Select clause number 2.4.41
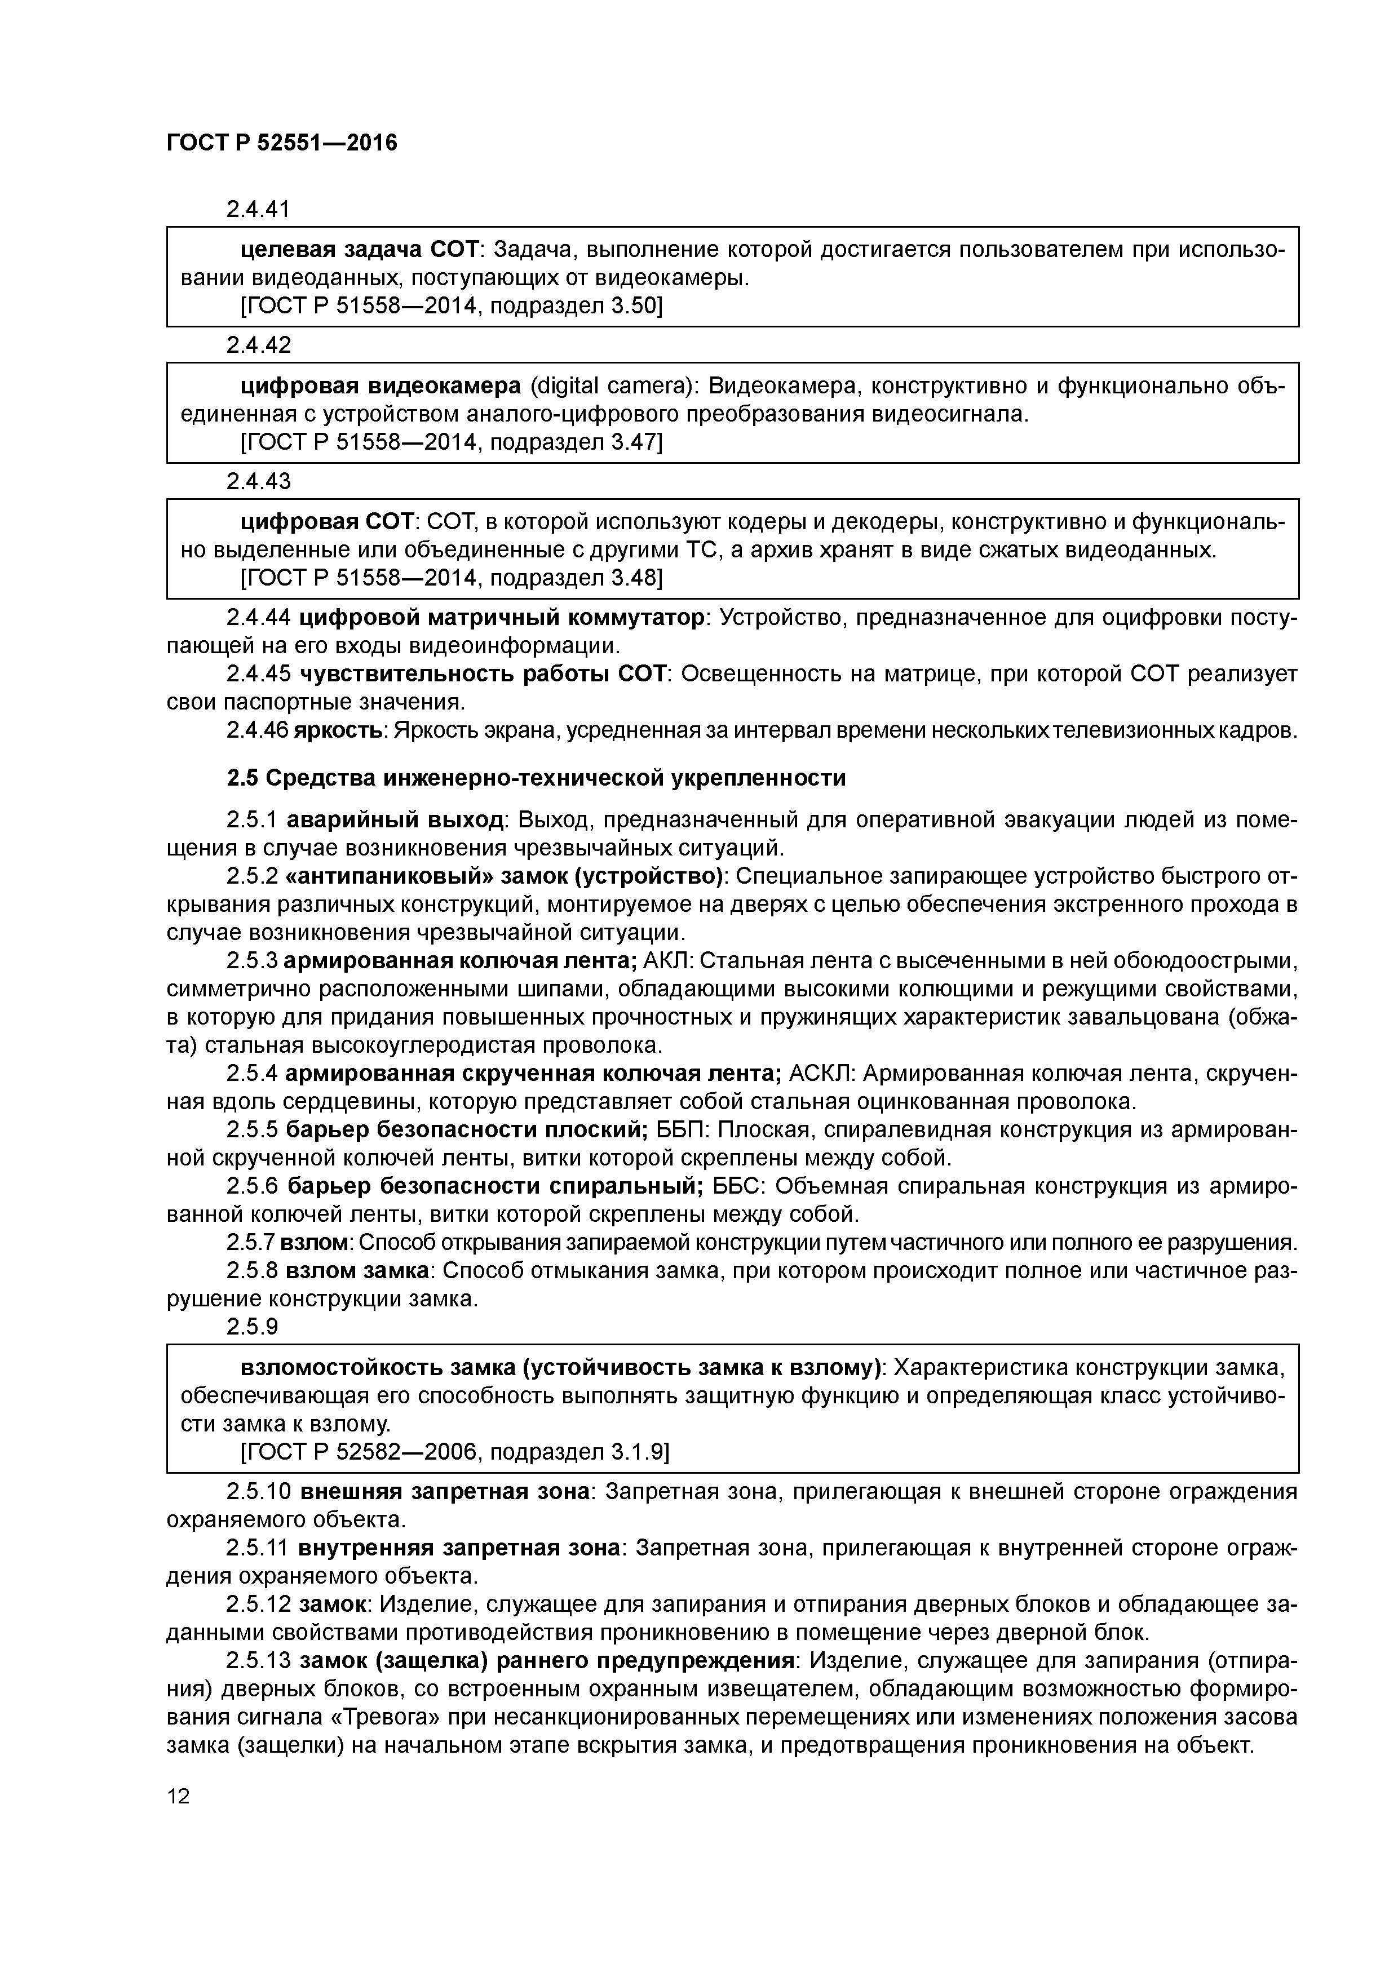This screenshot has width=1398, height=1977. point(258,209)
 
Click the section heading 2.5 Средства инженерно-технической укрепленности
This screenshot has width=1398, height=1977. point(536,778)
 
